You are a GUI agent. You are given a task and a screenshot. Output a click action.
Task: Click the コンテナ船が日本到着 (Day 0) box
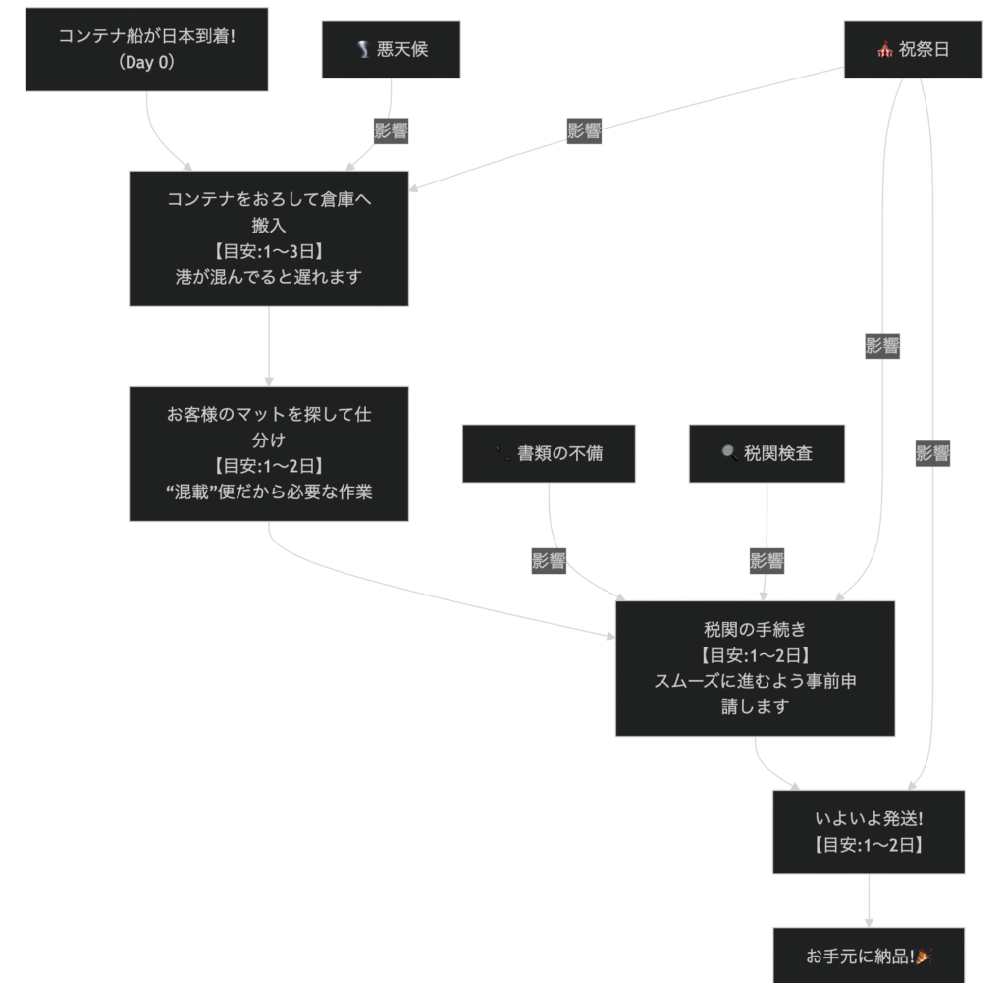pos(146,49)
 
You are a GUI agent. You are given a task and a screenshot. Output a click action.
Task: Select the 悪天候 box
pos(391,49)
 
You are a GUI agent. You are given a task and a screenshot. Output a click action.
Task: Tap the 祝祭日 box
pos(913,49)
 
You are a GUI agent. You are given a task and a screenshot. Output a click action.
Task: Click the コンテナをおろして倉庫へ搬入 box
pos(268,238)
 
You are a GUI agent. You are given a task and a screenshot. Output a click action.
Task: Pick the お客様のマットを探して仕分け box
pos(268,453)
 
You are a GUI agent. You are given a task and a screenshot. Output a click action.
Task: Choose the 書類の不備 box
pos(549,453)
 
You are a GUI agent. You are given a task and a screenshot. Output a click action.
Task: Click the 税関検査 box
pos(767,453)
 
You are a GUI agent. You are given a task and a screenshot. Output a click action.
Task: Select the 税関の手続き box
pos(755,668)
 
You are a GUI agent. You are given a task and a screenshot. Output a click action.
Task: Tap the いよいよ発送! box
pos(869,831)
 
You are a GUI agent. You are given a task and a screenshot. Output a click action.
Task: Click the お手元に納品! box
pos(869,956)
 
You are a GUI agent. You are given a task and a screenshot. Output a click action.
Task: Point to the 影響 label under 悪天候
pos(391,130)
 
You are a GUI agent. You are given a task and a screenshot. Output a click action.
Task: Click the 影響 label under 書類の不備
pos(549,561)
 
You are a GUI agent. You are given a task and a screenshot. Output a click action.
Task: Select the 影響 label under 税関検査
pos(767,561)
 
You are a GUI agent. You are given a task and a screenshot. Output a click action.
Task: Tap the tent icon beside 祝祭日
pos(885,50)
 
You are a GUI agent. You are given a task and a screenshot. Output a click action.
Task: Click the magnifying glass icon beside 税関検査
pos(729,453)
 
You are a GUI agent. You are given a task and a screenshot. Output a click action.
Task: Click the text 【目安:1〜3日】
pos(268,250)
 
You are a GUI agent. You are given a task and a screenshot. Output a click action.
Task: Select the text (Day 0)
pos(146,63)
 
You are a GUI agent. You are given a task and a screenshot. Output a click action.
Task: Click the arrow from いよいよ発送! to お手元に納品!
pos(869,901)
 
